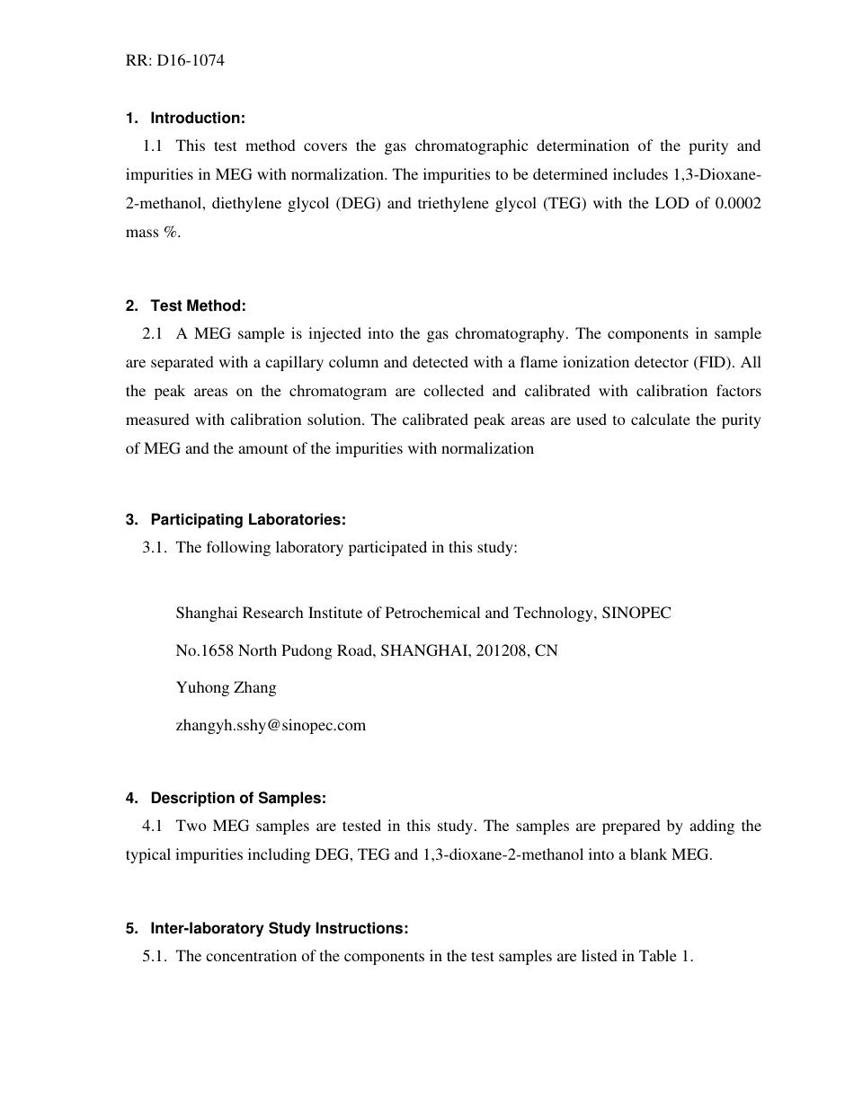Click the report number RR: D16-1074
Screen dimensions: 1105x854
coord(175,61)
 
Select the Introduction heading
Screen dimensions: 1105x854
coord(197,118)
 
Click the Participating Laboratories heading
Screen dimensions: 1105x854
coord(247,519)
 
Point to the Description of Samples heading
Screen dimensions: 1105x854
coord(237,798)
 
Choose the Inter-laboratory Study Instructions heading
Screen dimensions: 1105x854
coord(279,928)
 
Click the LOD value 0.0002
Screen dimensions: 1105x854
coord(739,203)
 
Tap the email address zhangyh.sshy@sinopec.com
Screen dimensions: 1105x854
coord(271,725)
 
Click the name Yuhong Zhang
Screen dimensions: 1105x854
coord(226,687)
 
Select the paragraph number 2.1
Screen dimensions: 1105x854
coord(153,333)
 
